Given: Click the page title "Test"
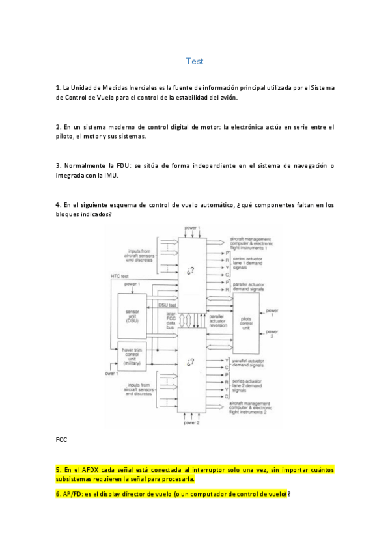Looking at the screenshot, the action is pyautogui.click(x=194, y=61).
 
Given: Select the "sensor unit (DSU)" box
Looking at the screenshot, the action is pyautogui.click(x=133, y=316).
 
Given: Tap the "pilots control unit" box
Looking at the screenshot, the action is pyautogui.click(x=246, y=323).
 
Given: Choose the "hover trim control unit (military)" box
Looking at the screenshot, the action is pyautogui.click(x=133, y=356).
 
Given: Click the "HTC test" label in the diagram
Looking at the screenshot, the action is pyautogui.click(x=119, y=276).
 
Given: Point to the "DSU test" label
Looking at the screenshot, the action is pyautogui.click(x=168, y=305).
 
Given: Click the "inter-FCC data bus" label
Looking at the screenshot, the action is pyautogui.click(x=172, y=320).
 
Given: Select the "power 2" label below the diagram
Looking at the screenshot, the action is pyautogui.click(x=191, y=423).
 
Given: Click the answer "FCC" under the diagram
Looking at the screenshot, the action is pyautogui.click(x=62, y=439).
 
